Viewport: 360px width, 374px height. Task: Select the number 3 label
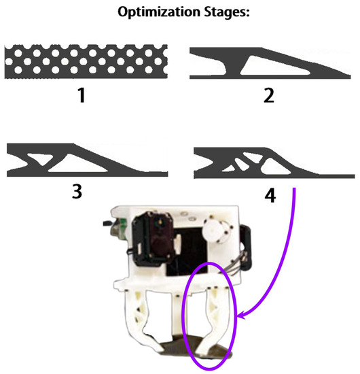coord(76,190)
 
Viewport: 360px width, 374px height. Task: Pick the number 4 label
coord(269,197)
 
